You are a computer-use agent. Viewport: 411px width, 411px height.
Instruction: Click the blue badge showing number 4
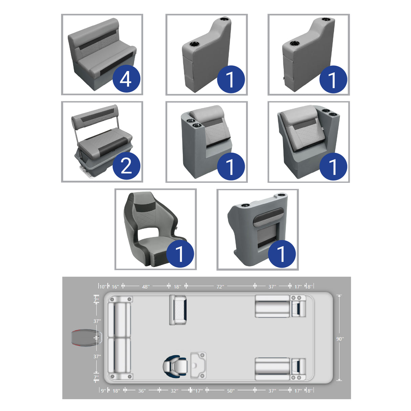pos(126,80)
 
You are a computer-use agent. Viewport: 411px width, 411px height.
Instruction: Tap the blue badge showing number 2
pos(126,166)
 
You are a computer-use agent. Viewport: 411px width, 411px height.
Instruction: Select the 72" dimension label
pos(220,287)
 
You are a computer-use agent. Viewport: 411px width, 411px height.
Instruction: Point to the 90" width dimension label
pos(340,339)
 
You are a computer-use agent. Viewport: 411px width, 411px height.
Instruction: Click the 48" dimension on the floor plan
pos(146,287)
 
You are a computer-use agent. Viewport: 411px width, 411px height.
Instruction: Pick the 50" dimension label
pos(231,391)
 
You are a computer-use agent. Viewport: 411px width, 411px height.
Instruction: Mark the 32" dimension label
pos(174,391)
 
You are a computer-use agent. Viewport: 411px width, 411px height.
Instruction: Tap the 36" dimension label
pos(142,391)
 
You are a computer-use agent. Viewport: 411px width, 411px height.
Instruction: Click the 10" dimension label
pos(102,287)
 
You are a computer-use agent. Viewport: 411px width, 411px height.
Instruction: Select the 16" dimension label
pos(115,287)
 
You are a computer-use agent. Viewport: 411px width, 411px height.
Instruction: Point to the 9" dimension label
pos(103,391)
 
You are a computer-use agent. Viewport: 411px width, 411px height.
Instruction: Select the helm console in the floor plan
pos(198,365)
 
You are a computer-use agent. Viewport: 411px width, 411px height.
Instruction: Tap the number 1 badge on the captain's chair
pos(180,254)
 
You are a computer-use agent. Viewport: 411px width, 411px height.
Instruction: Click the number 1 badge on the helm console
pos(282,254)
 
